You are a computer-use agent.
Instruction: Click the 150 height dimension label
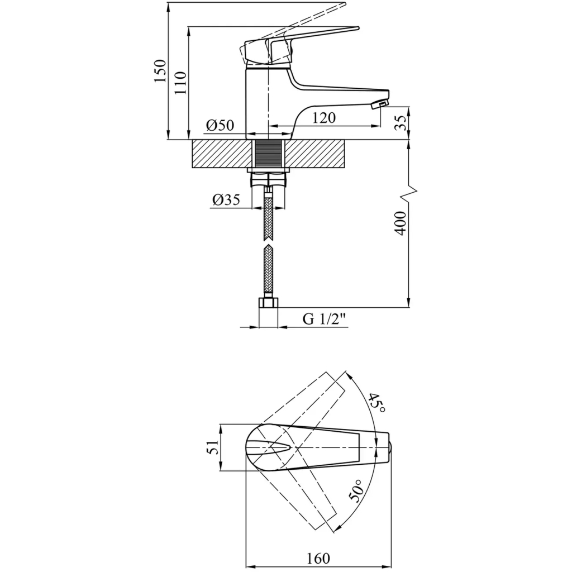click(x=160, y=70)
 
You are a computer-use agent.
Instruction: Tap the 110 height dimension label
click(x=180, y=83)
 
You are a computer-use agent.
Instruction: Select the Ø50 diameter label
click(x=220, y=125)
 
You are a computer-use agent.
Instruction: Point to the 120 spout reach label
click(x=324, y=118)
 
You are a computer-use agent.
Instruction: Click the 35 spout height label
click(x=401, y=123)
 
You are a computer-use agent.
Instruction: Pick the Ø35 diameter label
click(x=226, y=199)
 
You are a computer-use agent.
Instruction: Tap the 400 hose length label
click(x=400, y=223)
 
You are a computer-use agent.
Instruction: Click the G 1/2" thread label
click(x=324, y=319)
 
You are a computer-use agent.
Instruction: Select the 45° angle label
click(x=376, y=403)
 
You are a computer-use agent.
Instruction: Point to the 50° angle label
click(x=356, y=490)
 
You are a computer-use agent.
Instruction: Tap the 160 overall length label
click(x=318, y=558)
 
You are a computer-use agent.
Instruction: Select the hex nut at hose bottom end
click(x=268, y=303)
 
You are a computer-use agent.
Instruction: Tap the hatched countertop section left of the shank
click(x=221, y=154)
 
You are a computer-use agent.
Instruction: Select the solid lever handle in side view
click(x=299, y=46)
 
